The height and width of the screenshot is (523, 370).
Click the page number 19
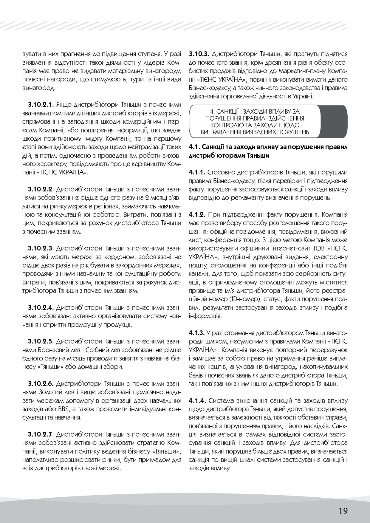[x=343, y=503]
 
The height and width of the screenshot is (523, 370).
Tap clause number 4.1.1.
[x=197, y=172]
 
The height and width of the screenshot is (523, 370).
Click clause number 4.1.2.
[x=197, y=214]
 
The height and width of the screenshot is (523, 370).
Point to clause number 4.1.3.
[x=197, y=332]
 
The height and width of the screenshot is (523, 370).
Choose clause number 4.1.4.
[x=197, y=400]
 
